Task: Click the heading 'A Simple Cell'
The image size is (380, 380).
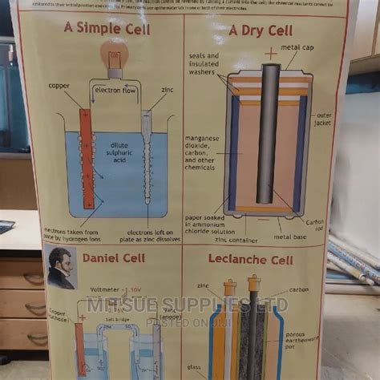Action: click(x=106, y=30)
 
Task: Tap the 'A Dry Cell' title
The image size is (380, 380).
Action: click(x=260, y=31)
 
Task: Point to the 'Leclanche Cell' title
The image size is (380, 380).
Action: click(x=261, y=261)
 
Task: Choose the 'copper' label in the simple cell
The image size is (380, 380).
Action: click(x=59, y=85)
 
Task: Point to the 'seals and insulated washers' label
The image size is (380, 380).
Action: click(x=204, y=66)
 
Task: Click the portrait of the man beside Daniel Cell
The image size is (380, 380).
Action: click(x=62, y=269)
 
